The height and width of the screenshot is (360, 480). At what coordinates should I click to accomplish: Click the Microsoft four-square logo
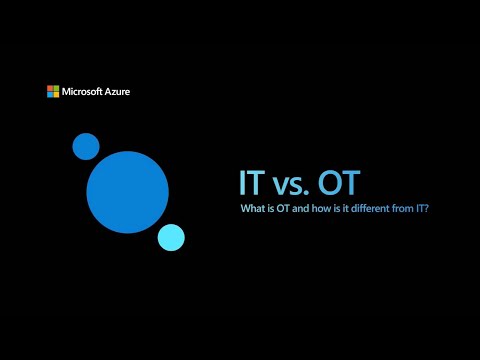(x=52, y=91)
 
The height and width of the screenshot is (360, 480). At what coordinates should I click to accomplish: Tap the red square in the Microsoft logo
(x=49, y=88)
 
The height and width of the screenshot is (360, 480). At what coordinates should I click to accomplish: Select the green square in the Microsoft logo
(x=55, y=88)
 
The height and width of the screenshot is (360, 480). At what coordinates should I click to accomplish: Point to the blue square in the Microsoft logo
(x=49, y=94)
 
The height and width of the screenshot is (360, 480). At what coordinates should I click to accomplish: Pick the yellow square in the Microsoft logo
(x=55, y=94)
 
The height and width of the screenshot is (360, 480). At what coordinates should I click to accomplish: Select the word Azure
(x=116, y=91)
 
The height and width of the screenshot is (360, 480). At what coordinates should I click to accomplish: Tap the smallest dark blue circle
(x=86, y=146)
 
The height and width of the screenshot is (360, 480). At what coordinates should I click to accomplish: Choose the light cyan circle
(x=171, y=237)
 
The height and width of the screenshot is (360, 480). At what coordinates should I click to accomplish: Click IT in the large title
(x=251, y=183)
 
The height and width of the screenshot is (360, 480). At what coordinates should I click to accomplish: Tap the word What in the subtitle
(x=252, y=209)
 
